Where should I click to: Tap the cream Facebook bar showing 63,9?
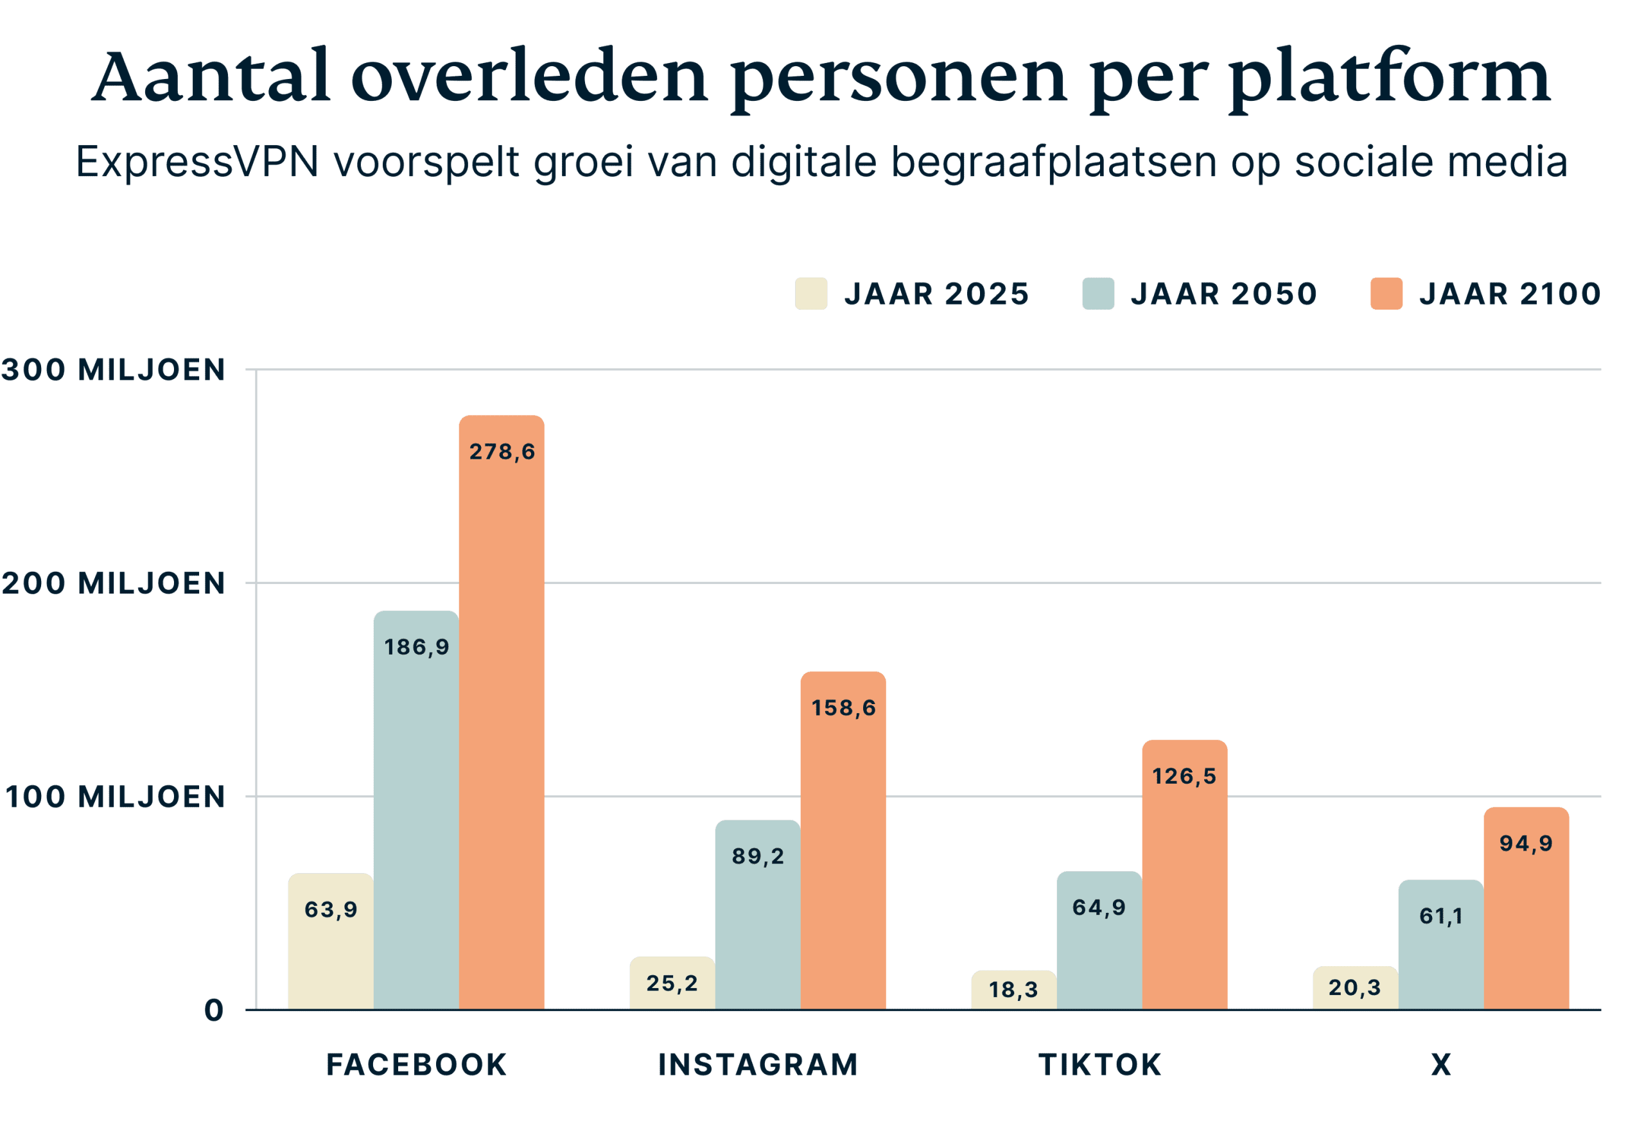330,941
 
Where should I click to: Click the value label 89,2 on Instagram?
758,856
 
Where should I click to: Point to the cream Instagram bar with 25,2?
672,983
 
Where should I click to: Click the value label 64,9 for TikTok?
1099,907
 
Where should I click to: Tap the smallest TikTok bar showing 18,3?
1013,990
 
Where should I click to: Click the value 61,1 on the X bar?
1441,917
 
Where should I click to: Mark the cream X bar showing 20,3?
1354,988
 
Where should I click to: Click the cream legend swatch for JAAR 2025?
810,294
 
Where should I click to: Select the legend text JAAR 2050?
1224,294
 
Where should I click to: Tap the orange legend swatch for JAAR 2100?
1386,294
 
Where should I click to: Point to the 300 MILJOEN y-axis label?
113,369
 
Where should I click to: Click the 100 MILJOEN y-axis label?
114,797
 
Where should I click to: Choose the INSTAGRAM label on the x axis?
758,1064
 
